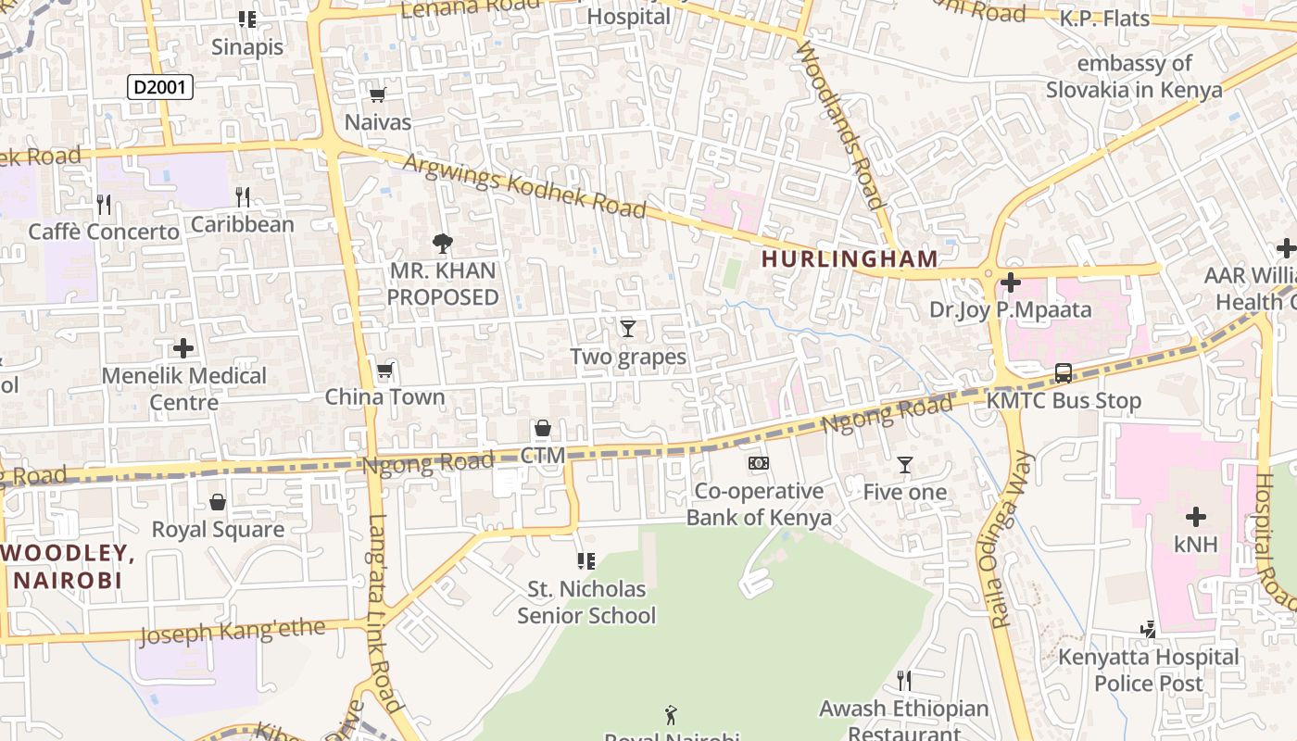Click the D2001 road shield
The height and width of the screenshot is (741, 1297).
tap(159, 87)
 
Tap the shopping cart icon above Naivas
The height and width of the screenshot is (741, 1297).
tap(377, 94)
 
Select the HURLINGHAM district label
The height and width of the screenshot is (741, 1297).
tap(850, 259)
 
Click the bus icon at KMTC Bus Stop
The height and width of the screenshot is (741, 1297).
tap(1064, 373)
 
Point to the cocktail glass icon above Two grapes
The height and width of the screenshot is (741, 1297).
tap(628, 328)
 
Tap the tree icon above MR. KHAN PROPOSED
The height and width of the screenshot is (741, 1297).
tap(443, 244)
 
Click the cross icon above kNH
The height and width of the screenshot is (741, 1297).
tap(1195, 516)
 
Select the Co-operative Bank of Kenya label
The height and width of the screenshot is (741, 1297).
tap(759, 504)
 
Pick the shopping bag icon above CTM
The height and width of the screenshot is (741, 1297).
tap(543, 428)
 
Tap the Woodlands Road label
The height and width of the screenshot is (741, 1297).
tap(840, 124)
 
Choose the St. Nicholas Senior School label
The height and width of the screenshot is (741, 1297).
tap(586, 602)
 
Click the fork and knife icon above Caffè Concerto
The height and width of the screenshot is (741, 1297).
tap(104, 204)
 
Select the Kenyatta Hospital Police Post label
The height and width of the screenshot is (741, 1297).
tap(1149, 670)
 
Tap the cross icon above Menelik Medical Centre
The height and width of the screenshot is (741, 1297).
tap(183, 348)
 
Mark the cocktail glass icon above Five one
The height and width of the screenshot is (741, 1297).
tap(905, 465)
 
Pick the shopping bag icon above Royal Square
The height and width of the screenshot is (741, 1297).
tap(218, 502)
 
